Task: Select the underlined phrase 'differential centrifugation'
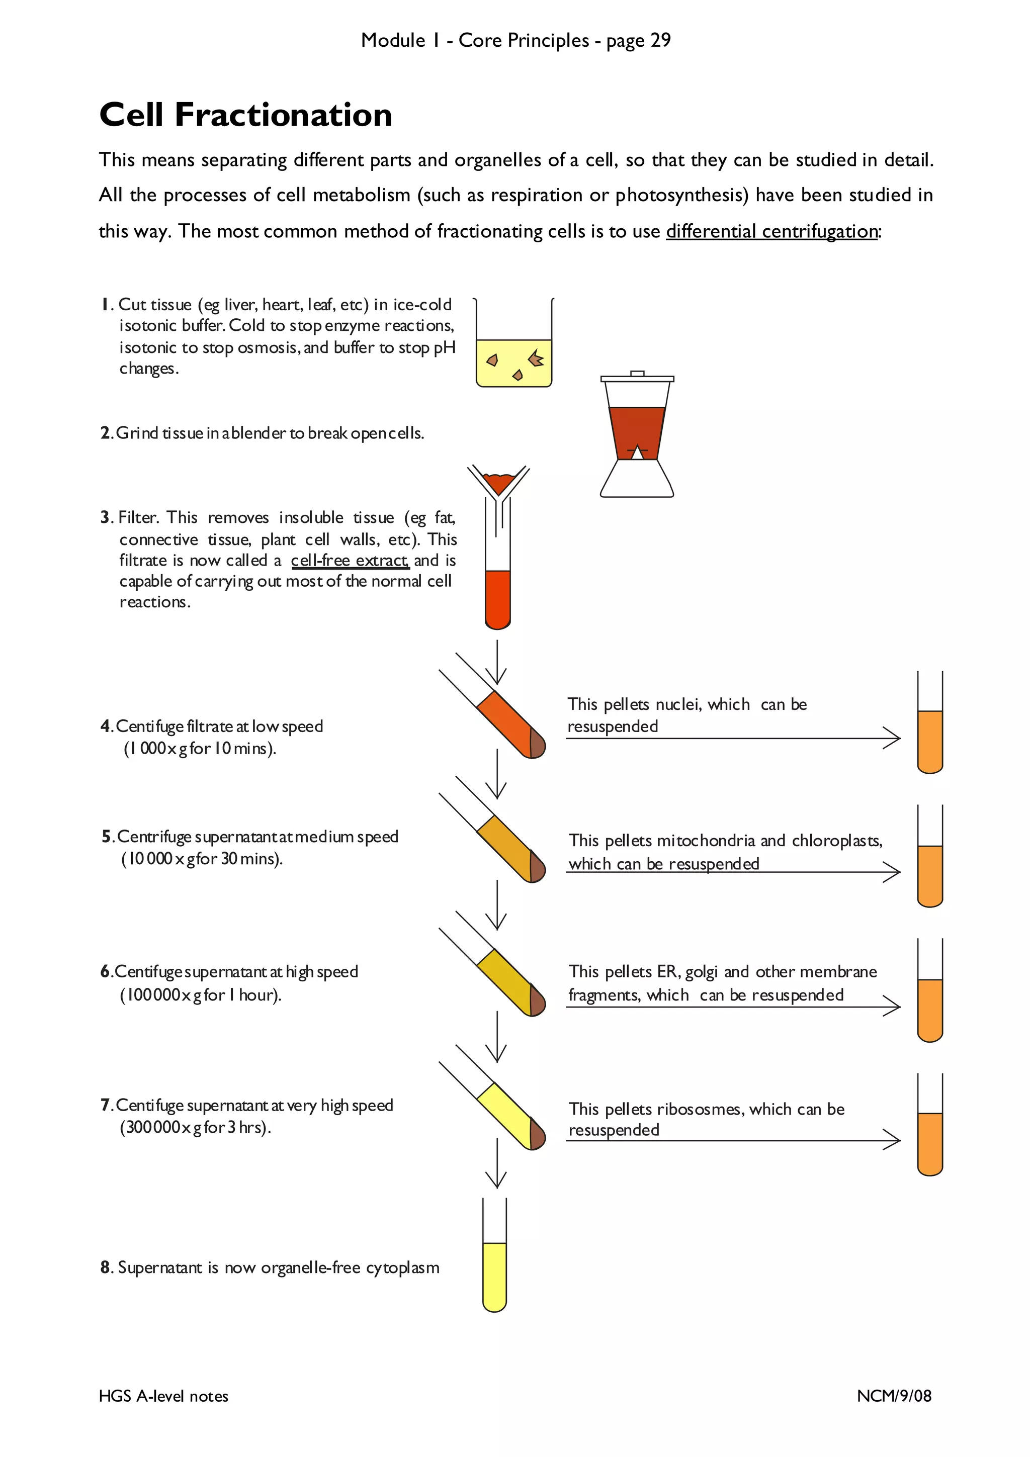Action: click(x=771, y=231)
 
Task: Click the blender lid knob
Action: click(x=637, y=373)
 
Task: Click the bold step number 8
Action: click(x=106, y=1267)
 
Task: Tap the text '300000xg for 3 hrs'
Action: click(x=195, y=1127)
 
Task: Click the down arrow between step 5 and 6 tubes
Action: click(x=496, y=906)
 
